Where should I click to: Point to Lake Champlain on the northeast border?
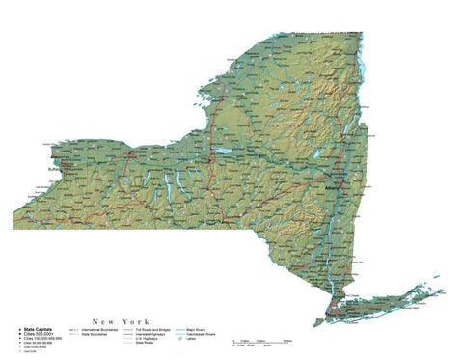coord(362,63)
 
